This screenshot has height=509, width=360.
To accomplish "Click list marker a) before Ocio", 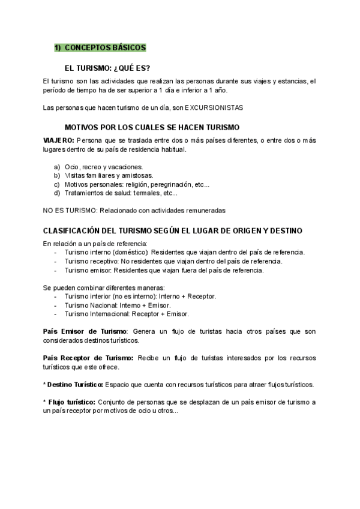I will pos(57,166).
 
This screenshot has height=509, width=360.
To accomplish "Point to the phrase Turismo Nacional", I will pos(90,305).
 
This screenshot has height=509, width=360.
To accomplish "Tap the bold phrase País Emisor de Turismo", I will pos(85,331).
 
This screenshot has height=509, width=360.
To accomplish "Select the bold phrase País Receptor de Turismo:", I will pos(89,358).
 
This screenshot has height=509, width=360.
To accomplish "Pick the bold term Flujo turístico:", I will pos(72,402).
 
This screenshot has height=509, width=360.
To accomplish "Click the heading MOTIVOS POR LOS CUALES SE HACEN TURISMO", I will pos(151,127).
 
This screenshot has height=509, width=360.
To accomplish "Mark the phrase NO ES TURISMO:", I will pos(70,210).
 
